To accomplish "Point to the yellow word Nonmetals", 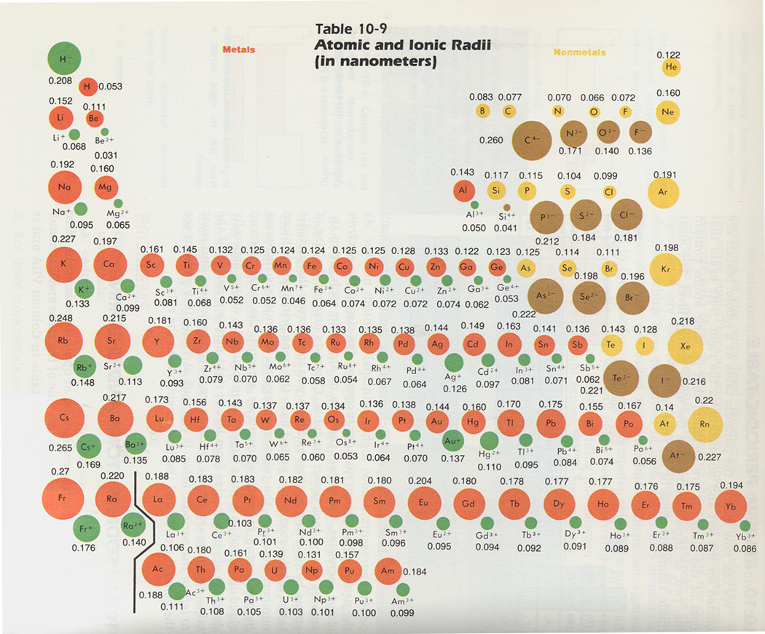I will tap(579, 52).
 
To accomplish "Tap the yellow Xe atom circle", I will tap(685, 346).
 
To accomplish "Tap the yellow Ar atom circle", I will tap(663, 193).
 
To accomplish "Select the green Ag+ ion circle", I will tap(453, 362).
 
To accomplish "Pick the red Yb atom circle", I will tap(732, 505).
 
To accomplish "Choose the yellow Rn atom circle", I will tap(704, 424).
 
